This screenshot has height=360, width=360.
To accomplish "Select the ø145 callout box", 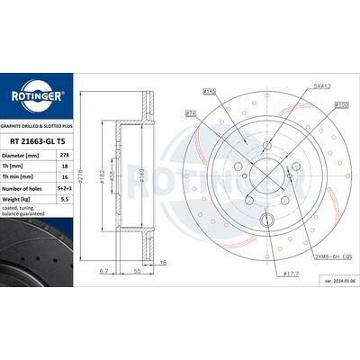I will click(x=211, y=91).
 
